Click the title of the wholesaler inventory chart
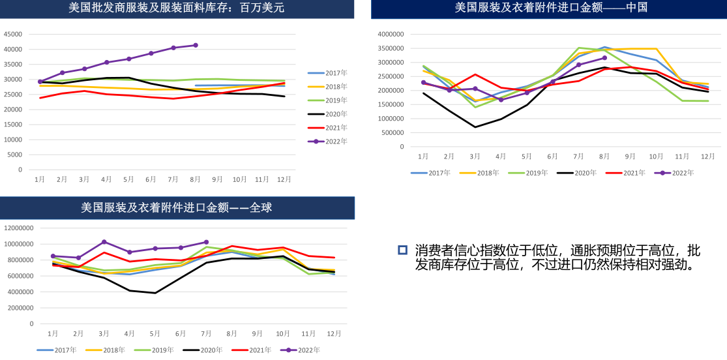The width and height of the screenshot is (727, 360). [x=177, y=8]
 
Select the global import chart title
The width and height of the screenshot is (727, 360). [x=177, y=208]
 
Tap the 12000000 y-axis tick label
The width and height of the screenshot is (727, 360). [x=20, y=228]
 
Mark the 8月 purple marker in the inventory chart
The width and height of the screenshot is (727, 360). [x=196, y=45]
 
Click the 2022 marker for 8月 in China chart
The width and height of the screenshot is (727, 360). [x=604, y=58]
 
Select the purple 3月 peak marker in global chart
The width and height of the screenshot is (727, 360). [x=104, y=242]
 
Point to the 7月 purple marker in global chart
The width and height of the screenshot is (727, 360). [x=206, y=242]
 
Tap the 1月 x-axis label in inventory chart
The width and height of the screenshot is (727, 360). [x=40, y=179]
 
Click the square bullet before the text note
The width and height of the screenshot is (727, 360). [x=402, y=250]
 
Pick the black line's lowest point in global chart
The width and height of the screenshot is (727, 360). [x=155, y=293]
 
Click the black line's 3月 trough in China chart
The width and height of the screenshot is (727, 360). [x=475, y=127]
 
